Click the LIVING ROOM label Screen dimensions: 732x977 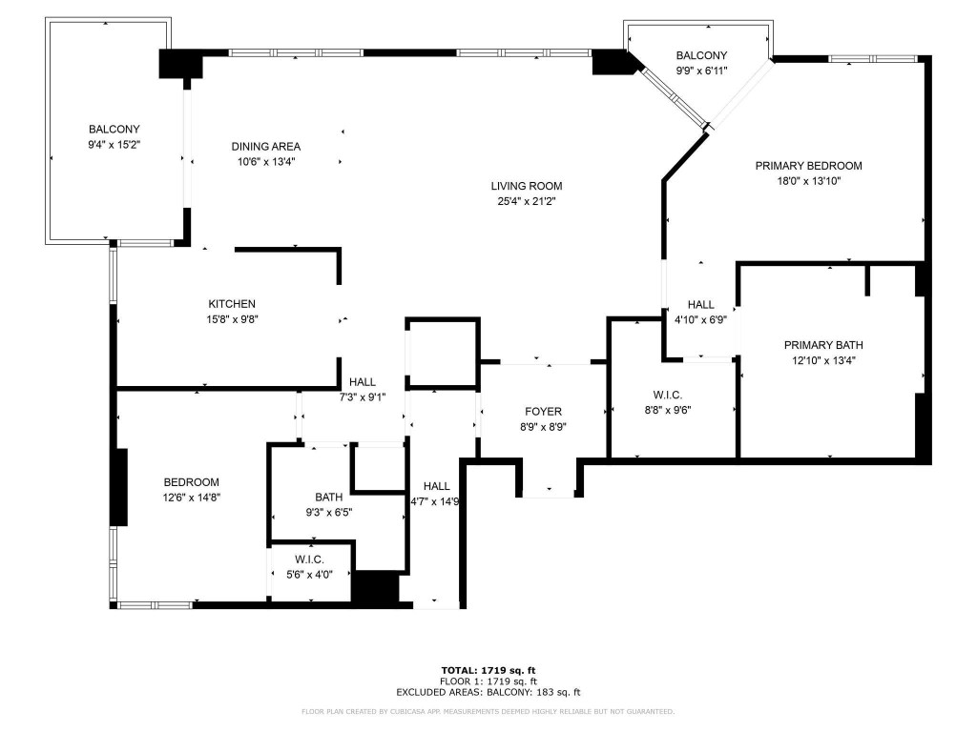pos(527,186)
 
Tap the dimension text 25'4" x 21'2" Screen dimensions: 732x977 pos(527,201)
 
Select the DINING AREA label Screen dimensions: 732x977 pos(266,146)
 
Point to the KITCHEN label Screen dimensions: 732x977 pos(233,304)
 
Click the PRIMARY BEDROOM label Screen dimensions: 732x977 pos(808,165)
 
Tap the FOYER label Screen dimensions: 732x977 pos(543,412)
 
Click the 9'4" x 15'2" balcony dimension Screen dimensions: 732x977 pos(114,144)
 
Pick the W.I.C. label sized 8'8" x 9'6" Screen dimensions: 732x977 pos(667,395)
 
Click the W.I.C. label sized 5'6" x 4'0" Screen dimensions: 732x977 pos(310,559)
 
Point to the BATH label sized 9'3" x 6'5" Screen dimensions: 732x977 pos(329,497)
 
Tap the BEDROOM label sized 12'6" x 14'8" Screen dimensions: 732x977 pos(191,482)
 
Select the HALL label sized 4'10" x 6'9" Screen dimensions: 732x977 pos(700,305)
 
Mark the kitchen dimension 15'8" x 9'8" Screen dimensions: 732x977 pos(233,319)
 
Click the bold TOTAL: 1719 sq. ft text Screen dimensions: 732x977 pos(494,670)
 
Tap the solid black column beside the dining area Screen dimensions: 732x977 pos(180,65)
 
